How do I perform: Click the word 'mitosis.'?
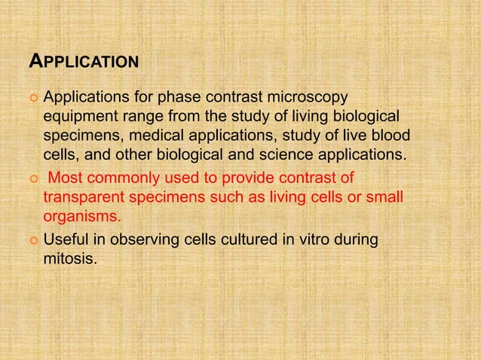70,259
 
